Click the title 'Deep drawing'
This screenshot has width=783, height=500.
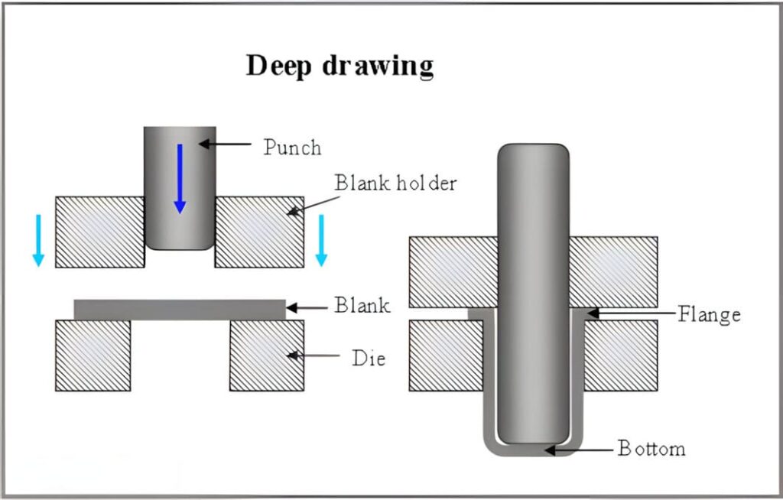(340, 67)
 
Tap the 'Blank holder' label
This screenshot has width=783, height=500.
(395, 183)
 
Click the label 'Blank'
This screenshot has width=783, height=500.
(362, 306)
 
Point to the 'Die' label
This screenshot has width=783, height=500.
(369, 356)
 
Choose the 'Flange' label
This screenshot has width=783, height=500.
(710, 313)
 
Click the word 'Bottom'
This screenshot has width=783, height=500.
(651, 448)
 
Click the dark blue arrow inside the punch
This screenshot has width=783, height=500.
(179, 178)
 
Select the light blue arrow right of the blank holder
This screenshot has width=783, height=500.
(321, 240)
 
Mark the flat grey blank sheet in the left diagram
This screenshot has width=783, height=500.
(180, 309)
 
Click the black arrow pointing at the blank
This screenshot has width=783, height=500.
(306, 308)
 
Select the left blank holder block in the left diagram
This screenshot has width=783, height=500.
(99, 232)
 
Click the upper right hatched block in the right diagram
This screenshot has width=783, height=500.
(613, 271)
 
